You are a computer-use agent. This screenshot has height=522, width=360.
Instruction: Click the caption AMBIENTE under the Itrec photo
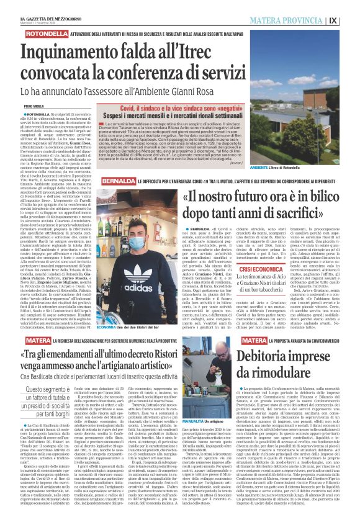[x=302, y=169]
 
